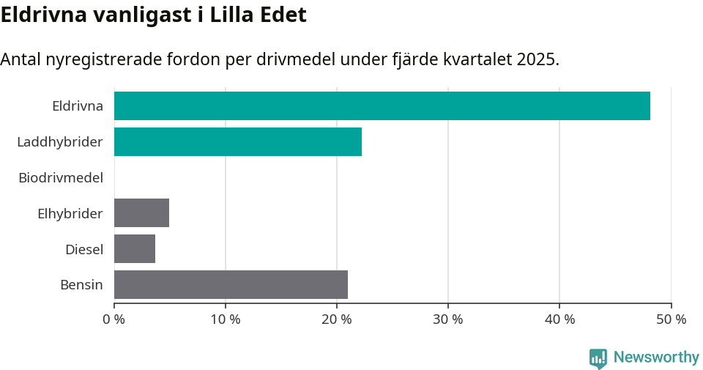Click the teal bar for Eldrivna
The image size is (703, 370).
[382, 106]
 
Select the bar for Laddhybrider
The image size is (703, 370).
[238, 141]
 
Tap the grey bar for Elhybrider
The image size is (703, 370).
[141, 212]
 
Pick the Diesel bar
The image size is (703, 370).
[135, 248]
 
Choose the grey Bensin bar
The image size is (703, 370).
[231, 284]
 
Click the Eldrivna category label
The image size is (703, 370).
[77, 106]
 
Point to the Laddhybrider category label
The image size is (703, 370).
[60, 141]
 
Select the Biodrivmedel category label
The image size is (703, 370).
[60, 177]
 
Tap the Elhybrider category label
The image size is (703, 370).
[70, 213]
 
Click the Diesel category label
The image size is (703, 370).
[83, 249]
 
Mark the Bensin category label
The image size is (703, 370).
[81, 285]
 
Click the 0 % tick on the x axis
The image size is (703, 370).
[114, 319]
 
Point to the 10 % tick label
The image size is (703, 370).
[226, 319]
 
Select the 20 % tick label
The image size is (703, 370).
[337, 319]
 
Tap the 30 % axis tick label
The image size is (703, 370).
[448, 319]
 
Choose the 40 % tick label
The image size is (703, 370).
[559, 319]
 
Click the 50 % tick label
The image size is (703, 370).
[671, 319]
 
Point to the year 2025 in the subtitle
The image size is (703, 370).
[537, 59]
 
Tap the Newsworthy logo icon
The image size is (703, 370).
[598, 358]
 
